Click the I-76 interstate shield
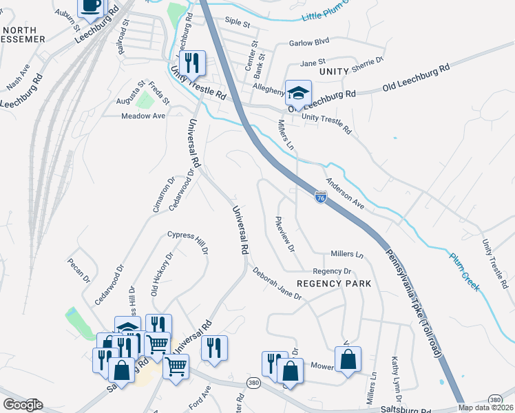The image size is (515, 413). (321, 198)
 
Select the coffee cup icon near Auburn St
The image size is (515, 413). (91, 6)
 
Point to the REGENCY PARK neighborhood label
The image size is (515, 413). (334, 284)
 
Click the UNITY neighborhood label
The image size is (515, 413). (336, 72)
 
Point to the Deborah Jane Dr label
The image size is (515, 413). (277, 284)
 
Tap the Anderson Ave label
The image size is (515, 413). (345, 193)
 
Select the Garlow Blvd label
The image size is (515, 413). (309, 42)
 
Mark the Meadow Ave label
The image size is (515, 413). (143, 116)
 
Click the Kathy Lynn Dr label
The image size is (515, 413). (395, 379)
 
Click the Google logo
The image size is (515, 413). (23, 405)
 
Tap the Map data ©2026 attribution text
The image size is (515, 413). (485, 407)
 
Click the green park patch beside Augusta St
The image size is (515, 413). (145, 100)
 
